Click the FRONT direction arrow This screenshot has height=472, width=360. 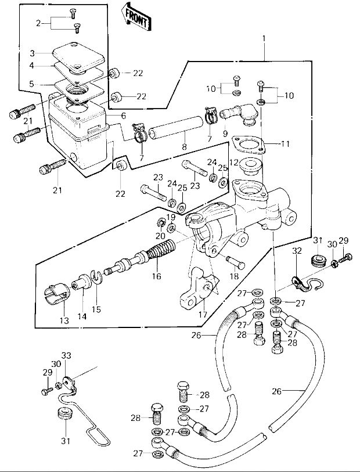pyautogui.click(x=135, y=17)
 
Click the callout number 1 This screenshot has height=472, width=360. pyautogui.click(x=264, y=39)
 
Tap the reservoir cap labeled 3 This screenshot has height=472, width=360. pyautogui.click(x=78, y=56)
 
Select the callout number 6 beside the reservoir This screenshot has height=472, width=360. pyautogui.click(x=123, y=116)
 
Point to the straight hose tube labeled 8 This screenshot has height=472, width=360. pyautogui.click(x=175, y=128)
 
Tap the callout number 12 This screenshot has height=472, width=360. pyautogui.click(x=233, y=163)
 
